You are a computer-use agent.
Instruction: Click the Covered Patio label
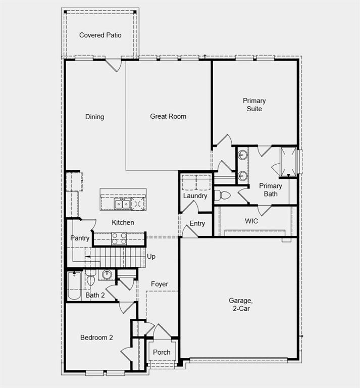coord(100,35)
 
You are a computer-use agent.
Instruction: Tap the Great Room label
coord(168,116)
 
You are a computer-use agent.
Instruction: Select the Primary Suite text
coord(254,105)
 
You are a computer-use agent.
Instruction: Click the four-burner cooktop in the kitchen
coord(119,238)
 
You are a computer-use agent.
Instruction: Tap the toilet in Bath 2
coord(91,279)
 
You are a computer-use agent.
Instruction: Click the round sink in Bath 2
coord(107,275)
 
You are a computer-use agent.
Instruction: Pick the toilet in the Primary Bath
coord(223,195)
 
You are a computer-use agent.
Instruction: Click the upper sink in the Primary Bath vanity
coord(243,155)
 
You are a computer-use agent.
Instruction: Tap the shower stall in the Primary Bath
coord(289,162)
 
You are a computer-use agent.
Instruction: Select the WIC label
coord(251,221)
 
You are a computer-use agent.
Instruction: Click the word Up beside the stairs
coord(151,257)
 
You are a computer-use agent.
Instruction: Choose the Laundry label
coord(195,196)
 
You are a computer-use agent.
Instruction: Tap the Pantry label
coord(80,238)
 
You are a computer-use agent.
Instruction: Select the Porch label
coord(162,352)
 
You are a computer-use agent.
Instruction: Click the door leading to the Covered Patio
coord(113,65)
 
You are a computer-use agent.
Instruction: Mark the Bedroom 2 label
coord(96,337)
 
